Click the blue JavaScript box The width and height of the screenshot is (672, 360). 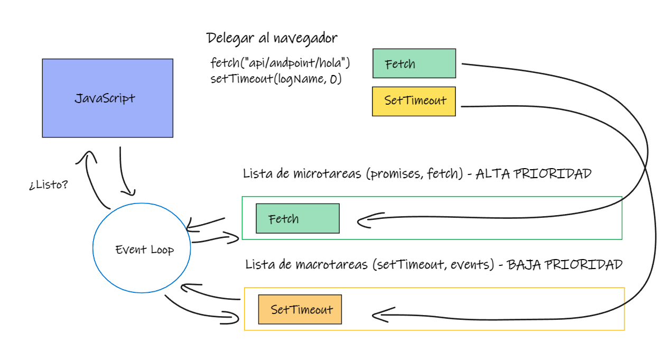107,98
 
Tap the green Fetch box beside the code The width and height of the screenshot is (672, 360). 414,63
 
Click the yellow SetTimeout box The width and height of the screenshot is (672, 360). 414,101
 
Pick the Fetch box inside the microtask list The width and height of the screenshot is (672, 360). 297,218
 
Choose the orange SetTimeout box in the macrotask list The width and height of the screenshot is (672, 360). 300,309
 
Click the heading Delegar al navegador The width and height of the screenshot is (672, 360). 272,39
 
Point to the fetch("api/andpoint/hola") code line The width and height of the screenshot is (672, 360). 280,63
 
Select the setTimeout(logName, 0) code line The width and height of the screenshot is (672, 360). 276,79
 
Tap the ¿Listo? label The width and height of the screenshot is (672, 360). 49,184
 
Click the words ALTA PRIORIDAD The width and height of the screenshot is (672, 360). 534,174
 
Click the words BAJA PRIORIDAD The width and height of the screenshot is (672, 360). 565,265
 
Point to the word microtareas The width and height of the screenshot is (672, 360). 327,173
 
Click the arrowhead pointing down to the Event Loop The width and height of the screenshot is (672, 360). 129,192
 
